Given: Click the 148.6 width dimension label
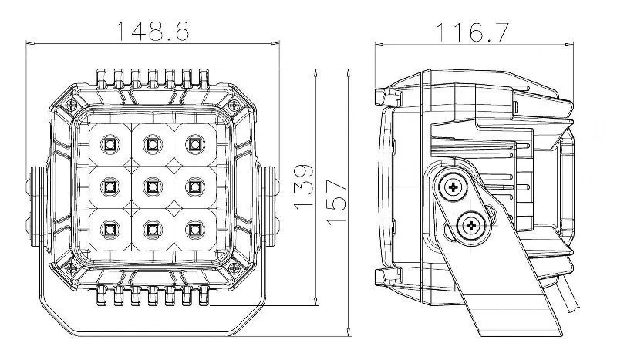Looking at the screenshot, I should [x=153, y=31].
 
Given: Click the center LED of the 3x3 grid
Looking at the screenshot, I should [x=152, y=185].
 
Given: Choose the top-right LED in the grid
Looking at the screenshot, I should [x=194, y=143].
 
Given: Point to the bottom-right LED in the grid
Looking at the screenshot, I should [x=194, y=227].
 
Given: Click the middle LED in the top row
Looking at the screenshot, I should [x=152, y=143].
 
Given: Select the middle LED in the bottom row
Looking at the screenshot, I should [x=152, y=227].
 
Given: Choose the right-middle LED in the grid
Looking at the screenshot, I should [x=194, y=185].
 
